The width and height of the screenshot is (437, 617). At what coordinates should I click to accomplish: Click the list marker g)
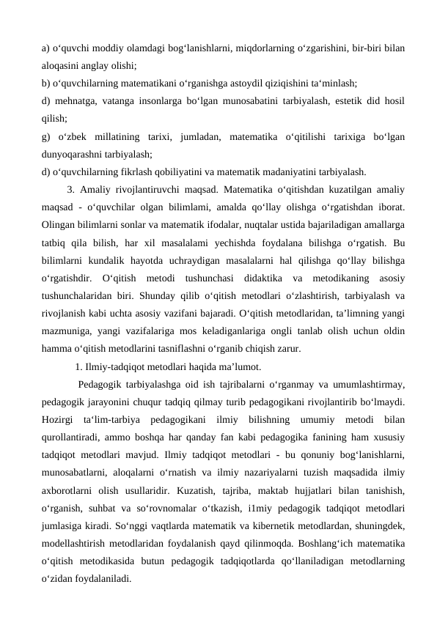coord(46,137)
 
